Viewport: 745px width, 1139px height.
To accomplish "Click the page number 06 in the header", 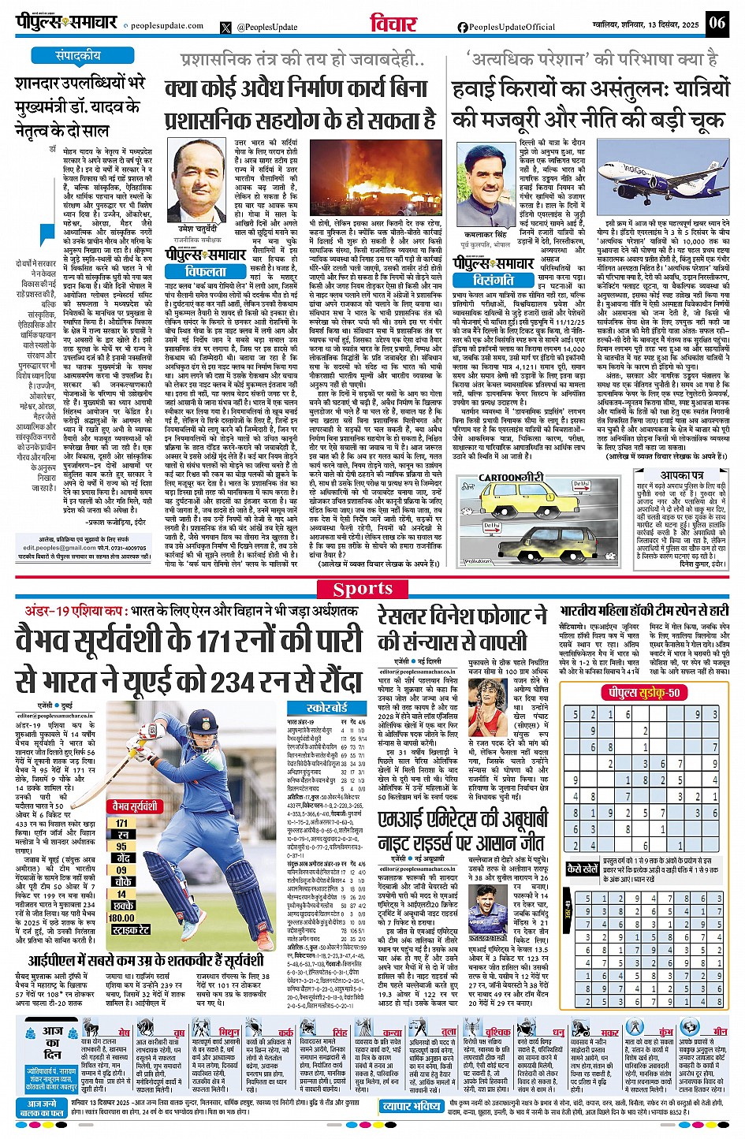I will (x=717, y=22).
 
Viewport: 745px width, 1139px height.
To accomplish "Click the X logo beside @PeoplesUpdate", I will (x=227, y=28).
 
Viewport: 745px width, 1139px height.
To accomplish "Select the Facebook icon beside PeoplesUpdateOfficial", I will (x=463, y=28).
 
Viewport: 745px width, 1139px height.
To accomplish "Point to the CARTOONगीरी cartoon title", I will (x=512, y=478).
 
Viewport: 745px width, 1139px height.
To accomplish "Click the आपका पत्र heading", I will (x=681, y=476).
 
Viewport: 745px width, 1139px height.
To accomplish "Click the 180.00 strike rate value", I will (x=121, y=918).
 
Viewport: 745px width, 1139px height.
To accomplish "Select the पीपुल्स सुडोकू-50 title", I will (x=641, y=693).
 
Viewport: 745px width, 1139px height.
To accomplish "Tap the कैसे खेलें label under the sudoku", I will (x=583, y=867).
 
